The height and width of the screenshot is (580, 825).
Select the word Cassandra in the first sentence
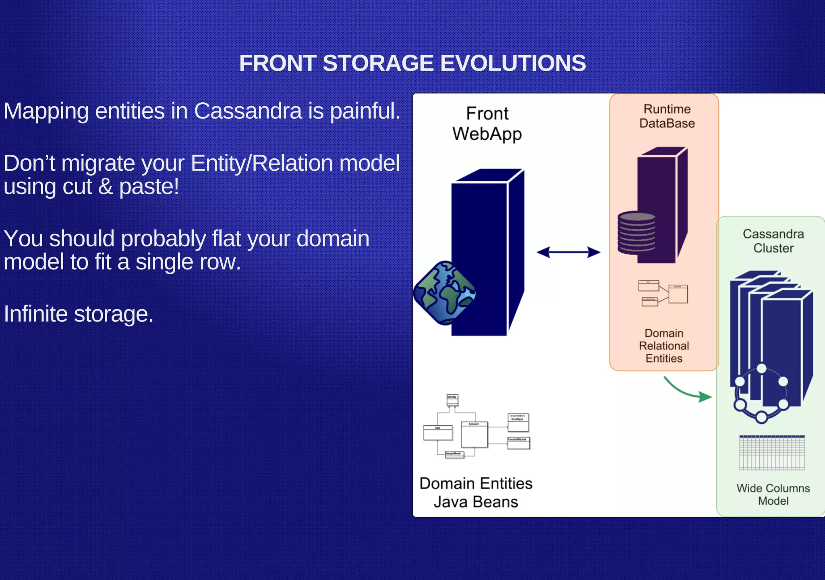pyautogui.click(x=248, y=111)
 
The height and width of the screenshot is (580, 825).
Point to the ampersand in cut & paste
pyautogui.click(x=106, y=186)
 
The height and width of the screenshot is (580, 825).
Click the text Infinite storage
pyautogui.click(x=79, y=314)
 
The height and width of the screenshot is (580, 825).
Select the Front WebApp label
pyautogui.click(x=487, y=124)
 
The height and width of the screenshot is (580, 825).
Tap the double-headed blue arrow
pyautogui.click(x=568, y=252)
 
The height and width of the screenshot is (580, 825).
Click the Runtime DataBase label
pyautogui.click(x=667, y=116)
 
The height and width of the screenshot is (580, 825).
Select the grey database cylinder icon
pyautogui.click(x=636, y=233)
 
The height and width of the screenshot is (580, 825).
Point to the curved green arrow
pyautogui.click(x=687, y=390)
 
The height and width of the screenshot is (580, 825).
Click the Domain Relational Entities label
pyautogui.click(x=664, y=346)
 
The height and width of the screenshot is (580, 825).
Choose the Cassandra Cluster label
pyautogui.click(x=773, y=241)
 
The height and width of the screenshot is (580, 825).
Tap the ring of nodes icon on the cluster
pyautogui.click(x=761, y=394)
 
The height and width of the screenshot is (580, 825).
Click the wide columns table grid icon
pyautogui.click(x=772, y=453)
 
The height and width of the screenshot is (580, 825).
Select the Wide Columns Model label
pyautogui.click(x=773, y=494)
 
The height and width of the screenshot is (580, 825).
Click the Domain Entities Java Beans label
pyautogui.click(x=476, y=493)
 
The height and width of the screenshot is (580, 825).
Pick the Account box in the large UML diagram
pyautogui.click(x=474, y=434)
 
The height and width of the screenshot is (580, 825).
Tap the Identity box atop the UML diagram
pyautogui.click(x=452, y=400)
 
